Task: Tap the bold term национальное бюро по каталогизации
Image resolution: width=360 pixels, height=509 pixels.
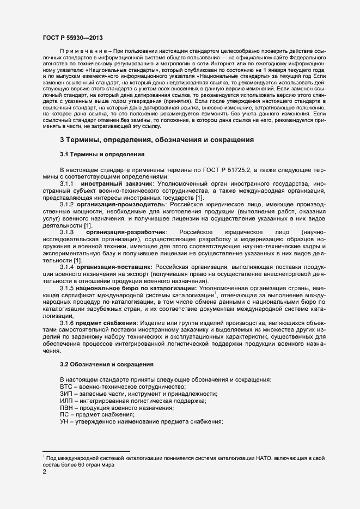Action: tap(137, 287)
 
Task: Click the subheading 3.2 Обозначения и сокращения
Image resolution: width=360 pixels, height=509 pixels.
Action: tap(106, 364)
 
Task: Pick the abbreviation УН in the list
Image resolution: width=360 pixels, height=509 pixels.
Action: tap(65, 422)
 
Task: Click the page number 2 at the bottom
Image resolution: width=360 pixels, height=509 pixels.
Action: tap(45, 472)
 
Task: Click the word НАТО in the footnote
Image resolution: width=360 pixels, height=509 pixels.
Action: tap(265, 458)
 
